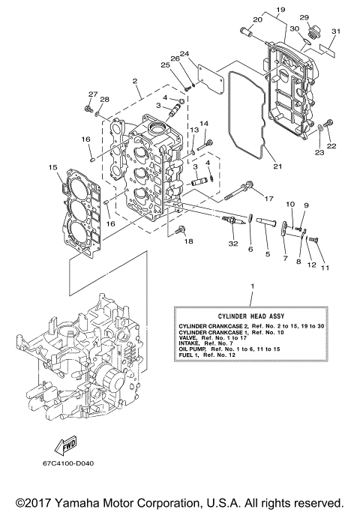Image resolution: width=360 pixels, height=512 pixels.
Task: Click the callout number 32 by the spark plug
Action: coord(233,243)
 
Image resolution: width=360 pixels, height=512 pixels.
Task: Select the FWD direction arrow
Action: coord(65,448)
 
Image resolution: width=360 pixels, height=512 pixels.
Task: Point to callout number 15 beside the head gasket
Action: coord(52,167)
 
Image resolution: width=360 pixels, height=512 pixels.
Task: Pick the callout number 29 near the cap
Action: coord(304,17)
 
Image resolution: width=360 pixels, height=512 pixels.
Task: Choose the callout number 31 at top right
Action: coord(336,31)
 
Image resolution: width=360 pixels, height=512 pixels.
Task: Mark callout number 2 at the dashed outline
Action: coord(135,81)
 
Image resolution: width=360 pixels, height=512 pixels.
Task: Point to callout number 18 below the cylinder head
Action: coord(188,241)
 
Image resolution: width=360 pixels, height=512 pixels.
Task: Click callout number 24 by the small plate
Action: coord(184,53)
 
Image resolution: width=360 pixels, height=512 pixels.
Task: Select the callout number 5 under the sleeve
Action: coord(268,254)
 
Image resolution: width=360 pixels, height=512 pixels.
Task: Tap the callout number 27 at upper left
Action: coord(93,94)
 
